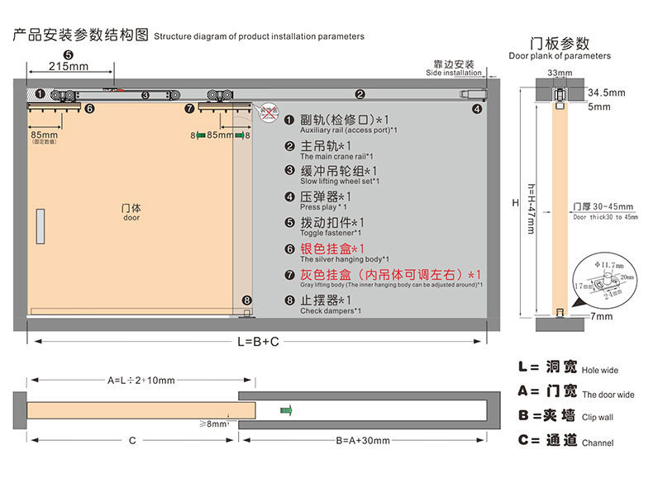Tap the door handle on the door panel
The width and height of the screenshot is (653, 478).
pos(40,226)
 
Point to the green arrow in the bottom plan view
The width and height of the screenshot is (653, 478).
pos(286,409)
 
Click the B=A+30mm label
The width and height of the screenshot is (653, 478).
pos(363,440)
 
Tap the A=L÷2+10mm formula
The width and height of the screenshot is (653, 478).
pos(141,381)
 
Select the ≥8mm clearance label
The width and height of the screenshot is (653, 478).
pos(213,424)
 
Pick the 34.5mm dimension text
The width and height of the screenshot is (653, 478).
pos(607,91)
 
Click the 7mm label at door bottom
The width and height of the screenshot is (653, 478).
pos(602,316)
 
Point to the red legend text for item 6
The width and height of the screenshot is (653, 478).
pos(332,248)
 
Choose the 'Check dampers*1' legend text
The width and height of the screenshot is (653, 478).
pos(331,311)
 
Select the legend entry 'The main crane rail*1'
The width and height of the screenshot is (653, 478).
pos(336,157)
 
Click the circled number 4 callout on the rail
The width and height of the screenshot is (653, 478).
pos(477,108)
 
